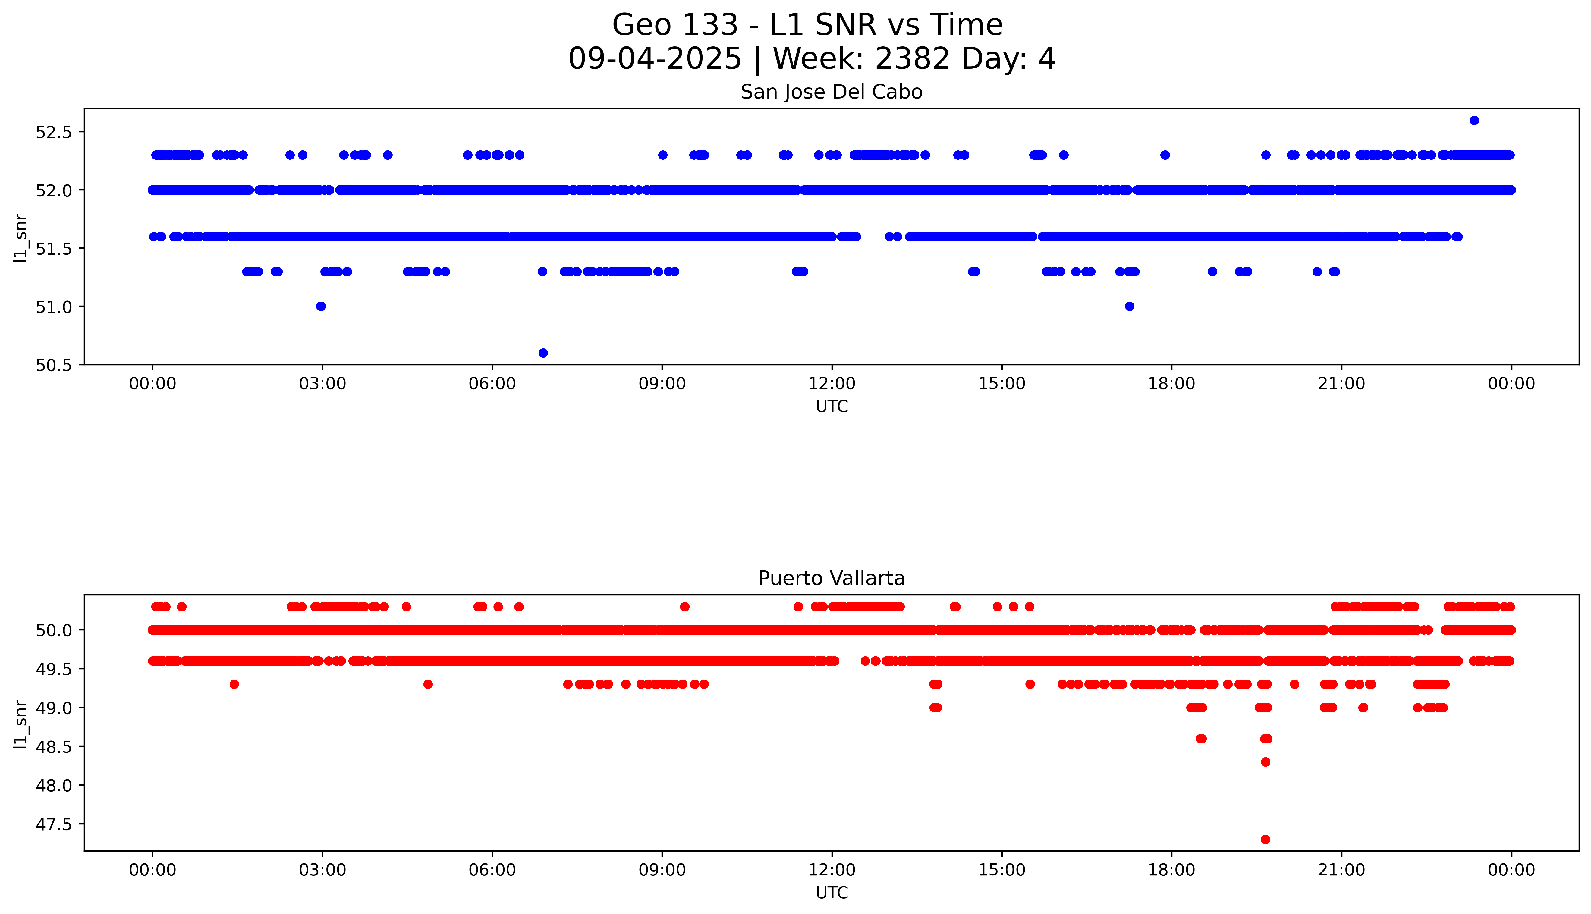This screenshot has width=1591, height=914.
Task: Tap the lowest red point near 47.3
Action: tap(1265, 839)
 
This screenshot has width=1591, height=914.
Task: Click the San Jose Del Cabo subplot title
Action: tap(831, 92)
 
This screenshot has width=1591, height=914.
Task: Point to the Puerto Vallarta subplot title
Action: tap(831, 578)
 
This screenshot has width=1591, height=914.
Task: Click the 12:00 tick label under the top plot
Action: tap(832, 384)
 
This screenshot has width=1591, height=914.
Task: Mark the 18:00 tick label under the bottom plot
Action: tap(1171, 870)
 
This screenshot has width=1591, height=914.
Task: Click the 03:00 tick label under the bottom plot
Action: tap(322, 870)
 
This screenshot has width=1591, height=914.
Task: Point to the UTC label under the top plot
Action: tap(832, 407)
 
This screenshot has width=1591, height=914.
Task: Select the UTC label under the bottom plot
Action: tap(832, 893)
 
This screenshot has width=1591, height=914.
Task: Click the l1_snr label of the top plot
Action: tap(21, 237)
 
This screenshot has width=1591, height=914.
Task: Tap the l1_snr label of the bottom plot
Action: tap(21, 724)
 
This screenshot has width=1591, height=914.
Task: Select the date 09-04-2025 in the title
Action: tap(655, 59)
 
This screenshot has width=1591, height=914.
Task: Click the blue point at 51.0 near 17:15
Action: tap(1130, 306)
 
